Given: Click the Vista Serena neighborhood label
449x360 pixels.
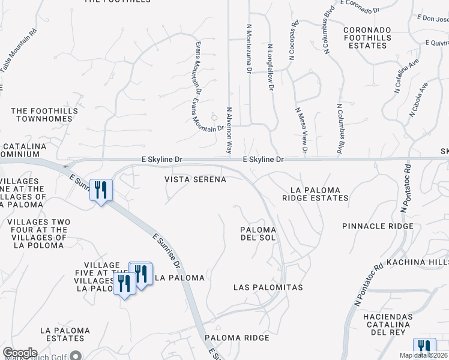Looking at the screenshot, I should point(196,179).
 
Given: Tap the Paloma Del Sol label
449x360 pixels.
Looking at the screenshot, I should point(258,233).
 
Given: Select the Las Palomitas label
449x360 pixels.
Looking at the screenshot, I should point(268,288).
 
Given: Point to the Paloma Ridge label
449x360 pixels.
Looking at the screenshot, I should point(237,338).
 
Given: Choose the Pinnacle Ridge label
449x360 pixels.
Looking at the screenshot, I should point(378,226).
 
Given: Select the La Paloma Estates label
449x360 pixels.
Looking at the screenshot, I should point(65,335).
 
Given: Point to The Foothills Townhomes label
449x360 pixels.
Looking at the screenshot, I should point(45,115).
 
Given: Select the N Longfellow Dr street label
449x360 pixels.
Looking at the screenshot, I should point(270,67).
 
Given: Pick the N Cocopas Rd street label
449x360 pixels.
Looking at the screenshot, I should point(293,41).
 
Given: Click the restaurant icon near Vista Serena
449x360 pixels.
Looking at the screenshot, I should point(101,191).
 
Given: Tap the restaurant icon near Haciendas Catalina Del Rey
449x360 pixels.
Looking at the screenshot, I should point(424,348).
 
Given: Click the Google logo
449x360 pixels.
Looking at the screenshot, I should point(19,353).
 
